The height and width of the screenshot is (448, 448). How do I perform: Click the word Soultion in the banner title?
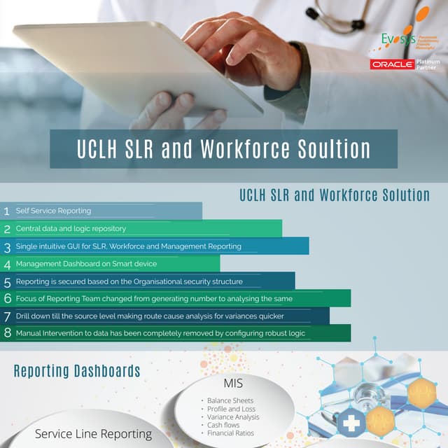(x=328, y=149)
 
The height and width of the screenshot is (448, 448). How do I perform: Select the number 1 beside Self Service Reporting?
(x=7, y=211)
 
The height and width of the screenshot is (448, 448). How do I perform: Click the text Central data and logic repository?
(x=71, y=228)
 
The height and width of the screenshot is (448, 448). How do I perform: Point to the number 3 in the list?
(x=7, y=246)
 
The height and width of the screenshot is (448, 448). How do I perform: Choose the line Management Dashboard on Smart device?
(x=86, y=264)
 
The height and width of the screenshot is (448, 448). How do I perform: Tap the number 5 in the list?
(x=7, y=281)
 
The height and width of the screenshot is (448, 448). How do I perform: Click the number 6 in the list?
(x=7, y=299)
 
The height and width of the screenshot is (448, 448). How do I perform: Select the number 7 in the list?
(x=7, y=316)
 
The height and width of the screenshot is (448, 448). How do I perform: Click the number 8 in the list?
(x=7, y=333)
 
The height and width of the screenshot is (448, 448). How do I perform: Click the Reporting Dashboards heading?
(x=77, y=371)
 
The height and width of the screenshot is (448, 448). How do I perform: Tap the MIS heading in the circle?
(x=233, y=383)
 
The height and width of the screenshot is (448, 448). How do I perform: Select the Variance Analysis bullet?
(x=232, y=417)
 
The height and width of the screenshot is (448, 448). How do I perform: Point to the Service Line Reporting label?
(x=93, y=434)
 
